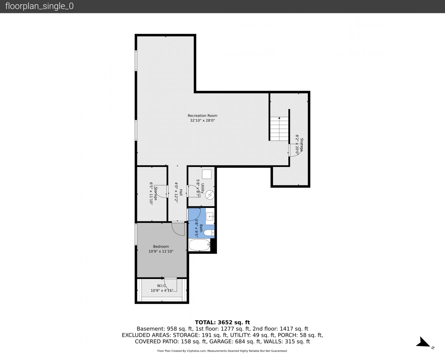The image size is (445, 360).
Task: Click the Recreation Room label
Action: tap(202, 116)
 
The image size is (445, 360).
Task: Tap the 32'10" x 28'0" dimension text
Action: tap(202, 120)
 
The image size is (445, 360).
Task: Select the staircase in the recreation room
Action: tap(279, 129)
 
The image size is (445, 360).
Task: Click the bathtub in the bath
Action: tap(199, 245)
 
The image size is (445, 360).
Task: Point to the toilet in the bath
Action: tap(209, 233)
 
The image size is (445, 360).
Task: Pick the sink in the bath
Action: tap(210, 216)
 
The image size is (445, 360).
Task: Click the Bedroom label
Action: tap(161, 247)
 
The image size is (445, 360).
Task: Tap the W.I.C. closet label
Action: tap(162, 286)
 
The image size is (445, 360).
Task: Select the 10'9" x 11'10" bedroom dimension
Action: tap(161, 251)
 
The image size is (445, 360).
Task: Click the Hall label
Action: tap(181, 192)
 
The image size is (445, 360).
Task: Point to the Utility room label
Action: tap(202, 188)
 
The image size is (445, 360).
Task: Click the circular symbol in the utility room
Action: tap(210, 195)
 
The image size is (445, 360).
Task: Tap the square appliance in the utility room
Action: tap(207, 174)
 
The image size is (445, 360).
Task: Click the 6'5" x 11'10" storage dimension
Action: tap(151, 193)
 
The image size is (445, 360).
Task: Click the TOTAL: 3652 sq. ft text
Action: tap(222, 322)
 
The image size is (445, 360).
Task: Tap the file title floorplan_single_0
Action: tap(39, 6)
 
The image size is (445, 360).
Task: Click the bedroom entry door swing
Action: tap(178, 229)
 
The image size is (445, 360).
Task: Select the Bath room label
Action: tap(201, 228)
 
